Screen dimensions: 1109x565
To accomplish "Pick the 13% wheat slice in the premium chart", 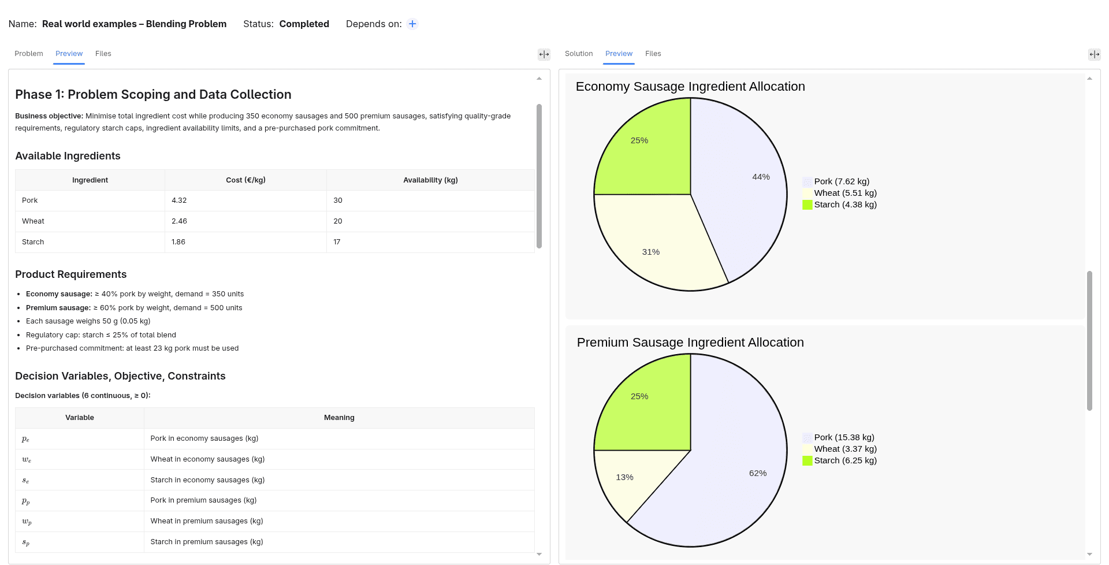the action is (x=630, y=479).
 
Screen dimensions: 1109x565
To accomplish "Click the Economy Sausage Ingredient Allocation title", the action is (x=690, y=87).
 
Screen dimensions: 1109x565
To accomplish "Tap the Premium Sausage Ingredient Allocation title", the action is (x=690, y=343).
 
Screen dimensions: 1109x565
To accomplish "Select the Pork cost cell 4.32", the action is (x=179, y=200).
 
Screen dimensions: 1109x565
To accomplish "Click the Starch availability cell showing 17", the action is (x=337, y=242).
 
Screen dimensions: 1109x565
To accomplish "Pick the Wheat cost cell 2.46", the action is (x=179, y=221).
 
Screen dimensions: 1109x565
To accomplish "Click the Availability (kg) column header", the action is (x=430, y=180).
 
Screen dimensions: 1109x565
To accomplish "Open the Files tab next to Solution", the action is (x=653, y=54).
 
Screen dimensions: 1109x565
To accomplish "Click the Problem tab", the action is (x=29, y=54).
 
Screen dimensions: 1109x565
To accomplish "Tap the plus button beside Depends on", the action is (x=412, y=24).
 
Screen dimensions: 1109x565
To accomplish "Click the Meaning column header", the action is (x=339, y=418).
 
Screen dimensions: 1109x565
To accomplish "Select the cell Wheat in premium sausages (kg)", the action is (x=207, y=521).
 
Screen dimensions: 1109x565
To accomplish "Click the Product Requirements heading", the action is (x=71, y=274).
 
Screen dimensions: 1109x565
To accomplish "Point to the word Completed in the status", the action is (x=304, y=24).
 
